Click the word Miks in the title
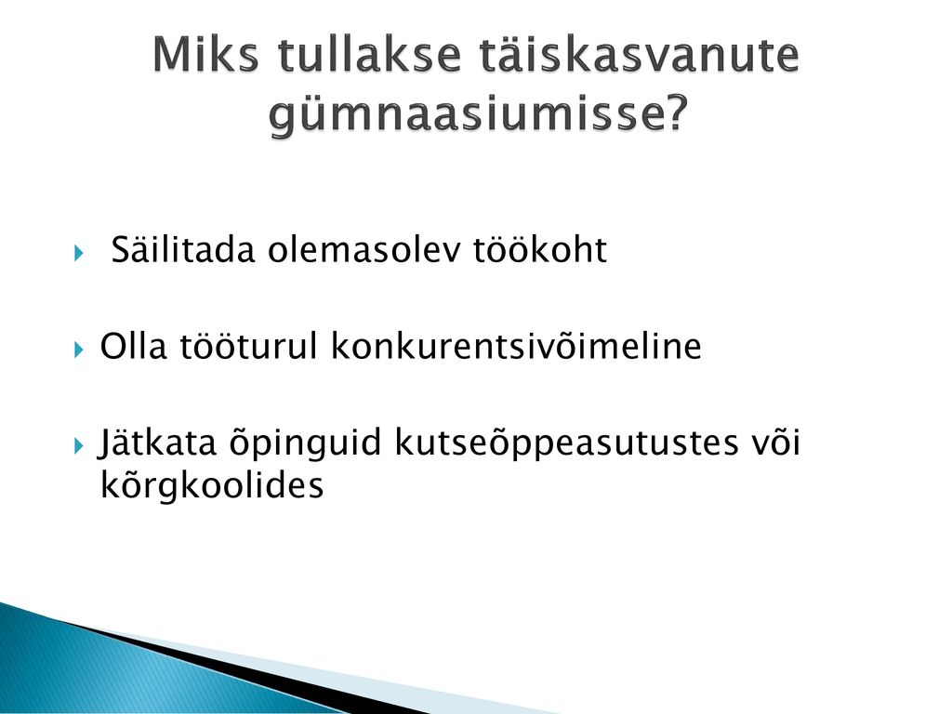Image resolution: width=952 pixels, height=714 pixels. pyautogui.click(x=205, y=55)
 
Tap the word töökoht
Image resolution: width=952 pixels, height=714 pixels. pyautogui.click(x=540, y=249)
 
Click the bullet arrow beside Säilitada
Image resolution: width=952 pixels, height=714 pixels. pyautogui.click(x=78, y=253)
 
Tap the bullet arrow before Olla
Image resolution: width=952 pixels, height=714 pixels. pyautogui.click(x=78, y=350)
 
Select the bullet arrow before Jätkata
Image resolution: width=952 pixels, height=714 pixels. pyautogui.click(x=78, y=446)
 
